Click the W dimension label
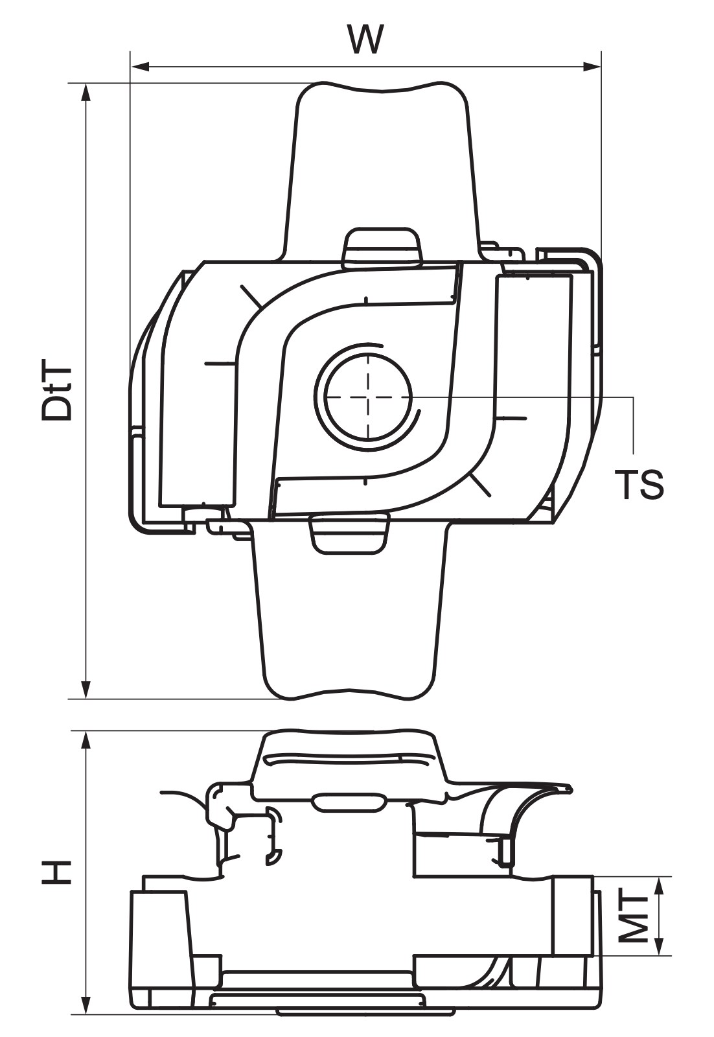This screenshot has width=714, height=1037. pos(366,40)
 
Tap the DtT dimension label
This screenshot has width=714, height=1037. pos(58,393)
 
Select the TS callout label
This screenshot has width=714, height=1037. pos(639,484)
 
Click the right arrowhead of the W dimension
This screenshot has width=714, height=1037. pos(591,67)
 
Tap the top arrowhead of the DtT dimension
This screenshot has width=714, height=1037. pos(86,93)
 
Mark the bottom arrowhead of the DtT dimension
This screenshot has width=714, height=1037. pos(86,689)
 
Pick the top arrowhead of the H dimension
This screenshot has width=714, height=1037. pos(86,741)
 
